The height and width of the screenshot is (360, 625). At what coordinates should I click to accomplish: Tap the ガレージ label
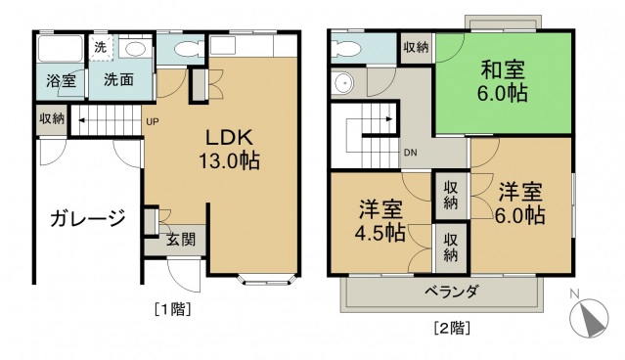coord(88,218)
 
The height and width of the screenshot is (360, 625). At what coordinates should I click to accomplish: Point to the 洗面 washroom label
coord(119,82)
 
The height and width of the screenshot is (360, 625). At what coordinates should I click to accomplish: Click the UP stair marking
coord(153,121)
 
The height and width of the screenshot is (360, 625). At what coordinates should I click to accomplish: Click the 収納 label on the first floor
coord(53,118)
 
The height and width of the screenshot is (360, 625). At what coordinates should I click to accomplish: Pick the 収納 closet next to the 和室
coord(415,47)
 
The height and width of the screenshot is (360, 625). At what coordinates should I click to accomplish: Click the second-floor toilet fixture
coord(347,46)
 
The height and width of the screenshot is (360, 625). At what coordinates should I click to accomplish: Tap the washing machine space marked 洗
coord(101,47)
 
